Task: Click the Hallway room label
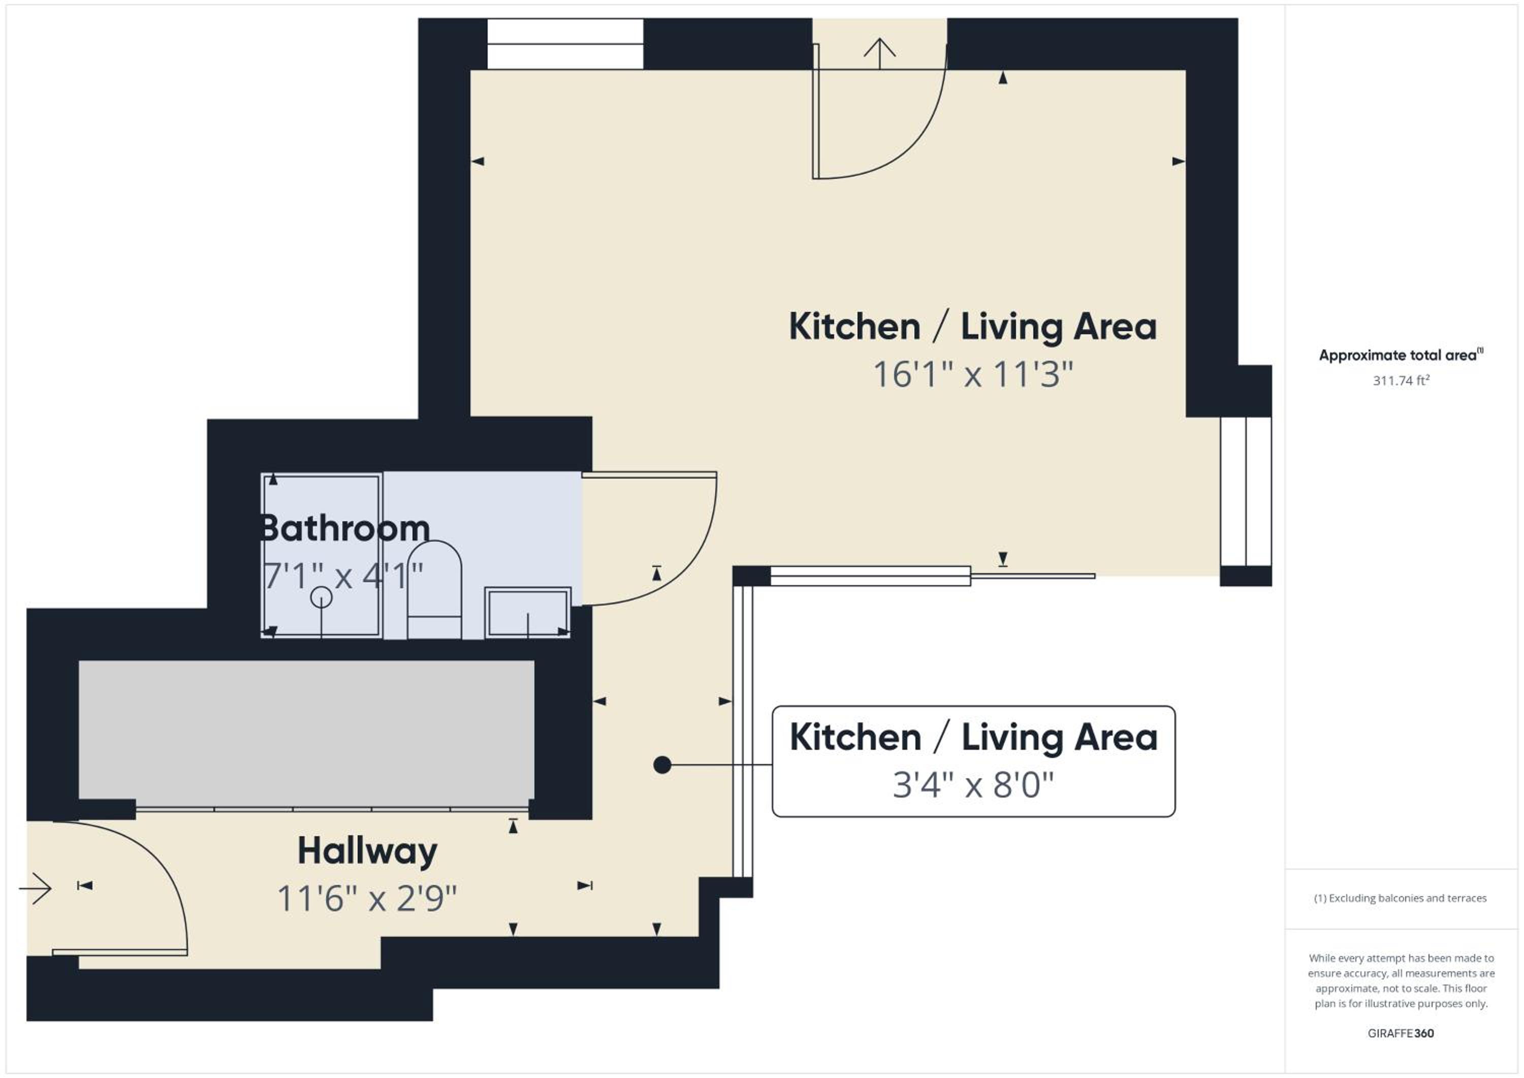tap(367, 851)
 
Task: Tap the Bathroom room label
tap(345, 528)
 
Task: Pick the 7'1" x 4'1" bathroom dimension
tap(343, 576)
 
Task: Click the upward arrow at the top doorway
tap(879, 54)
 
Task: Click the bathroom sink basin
tap(528, 612)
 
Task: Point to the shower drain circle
tap(321, 597)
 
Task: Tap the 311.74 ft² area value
tap(1401, 381)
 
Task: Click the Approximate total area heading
tap(1401, 355)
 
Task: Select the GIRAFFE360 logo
tap(1401, 1033)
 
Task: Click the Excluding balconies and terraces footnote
tap(1401, 898)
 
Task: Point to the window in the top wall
tap(565, 44)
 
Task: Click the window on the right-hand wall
tap(1246, 491)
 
